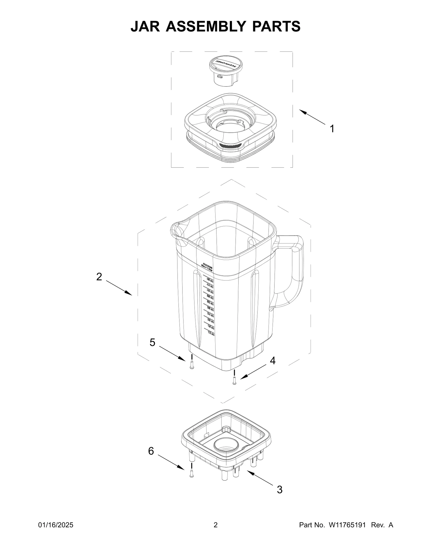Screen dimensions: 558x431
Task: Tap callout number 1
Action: click(x=332, y=129)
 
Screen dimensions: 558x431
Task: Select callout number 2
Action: click(x=99, y=277)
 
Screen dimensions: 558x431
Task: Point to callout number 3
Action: click(x=280, y=490)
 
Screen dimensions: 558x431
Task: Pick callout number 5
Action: click(x=152, y=343)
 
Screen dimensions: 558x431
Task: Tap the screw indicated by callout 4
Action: click(x=234, y=381)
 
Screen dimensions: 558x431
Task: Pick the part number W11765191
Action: click(x=347, y=533)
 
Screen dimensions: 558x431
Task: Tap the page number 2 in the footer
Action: click(x=215, y=533)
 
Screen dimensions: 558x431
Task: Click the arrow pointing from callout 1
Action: click(x=312, y=117)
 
